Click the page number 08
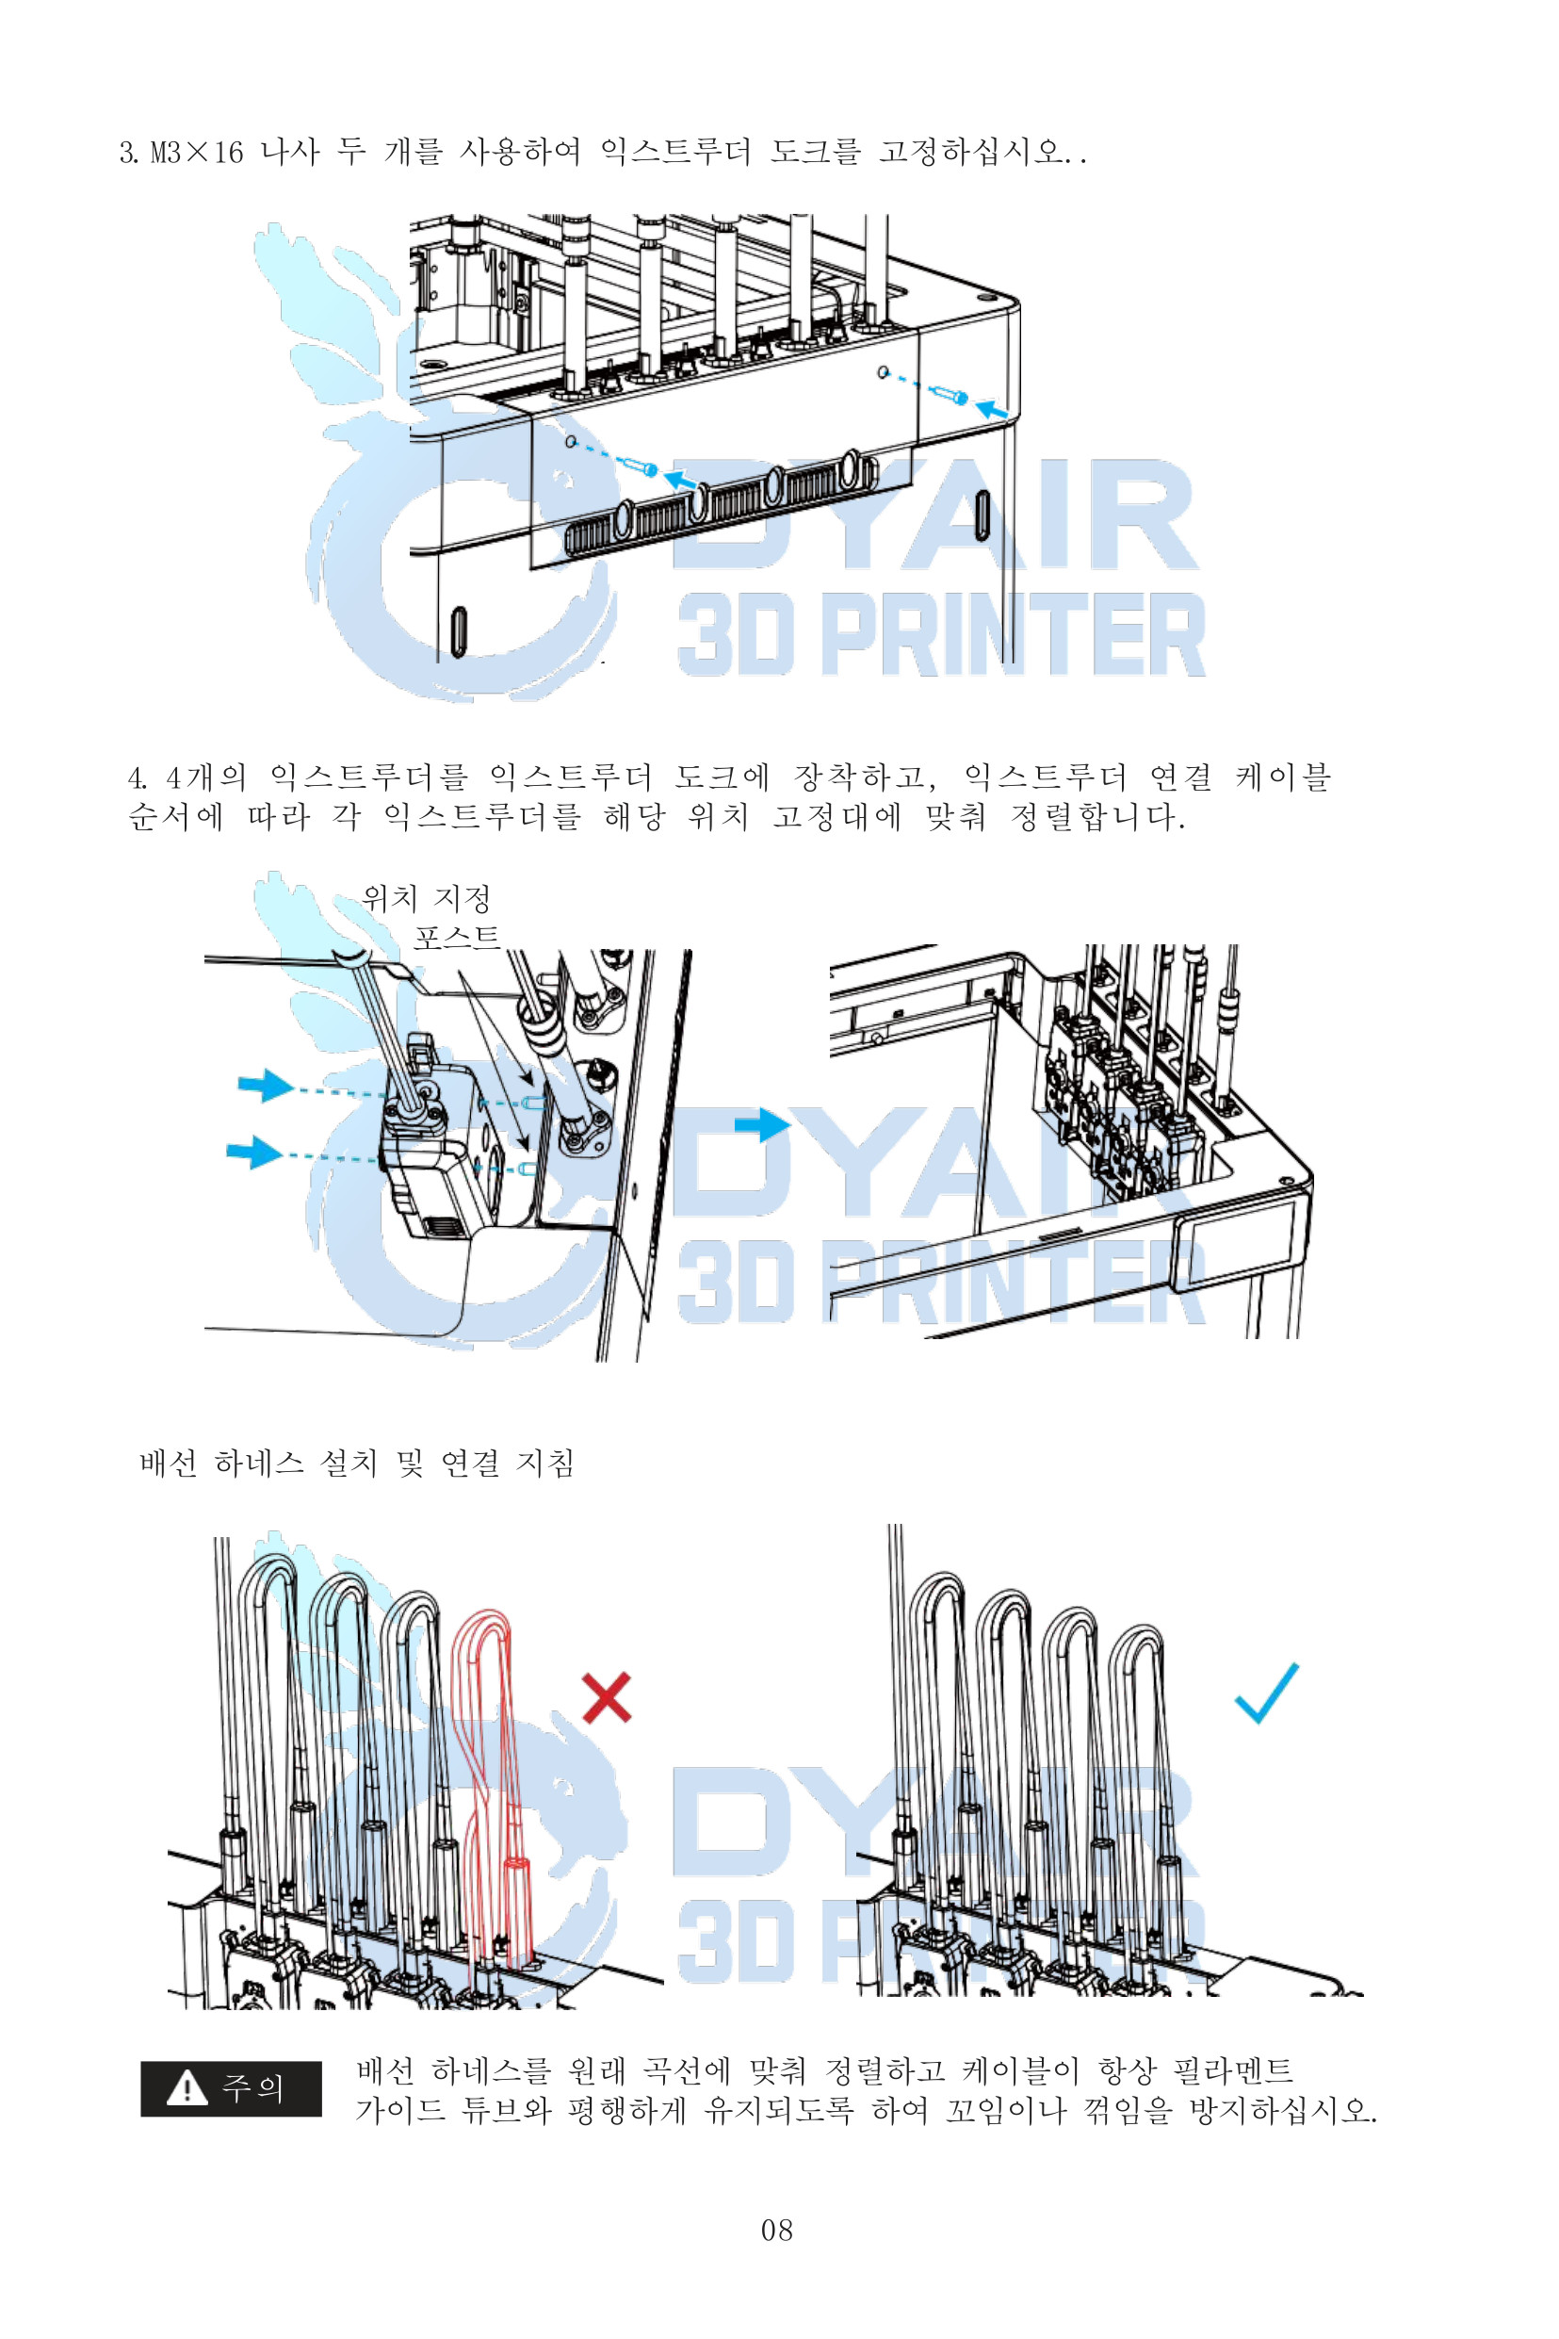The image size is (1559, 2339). (776, 2230)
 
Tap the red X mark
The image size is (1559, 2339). (607, 1696)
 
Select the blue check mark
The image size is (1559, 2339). (1267, 1693)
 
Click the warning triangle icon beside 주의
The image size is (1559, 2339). (186, 2087)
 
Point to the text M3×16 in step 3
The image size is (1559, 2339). (197, 152)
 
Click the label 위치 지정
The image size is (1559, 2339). (427, 898)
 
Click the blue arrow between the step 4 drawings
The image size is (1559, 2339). (763, 1125)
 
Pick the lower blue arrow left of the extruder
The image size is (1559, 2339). (253, 1152)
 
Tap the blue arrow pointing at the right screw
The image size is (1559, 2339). (991, 409)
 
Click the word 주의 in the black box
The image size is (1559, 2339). (252, 2087)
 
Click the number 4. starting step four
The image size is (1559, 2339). (138, 777)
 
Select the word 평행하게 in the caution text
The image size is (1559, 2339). (626, 2109)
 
